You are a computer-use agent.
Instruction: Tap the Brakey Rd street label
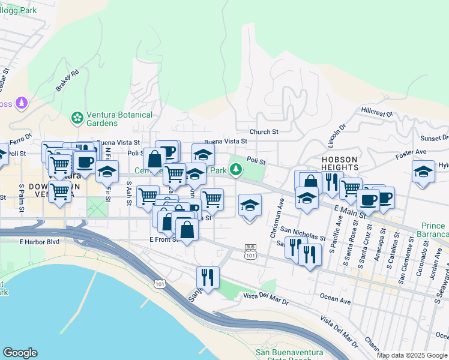pyautogui.click(x=67, y=81)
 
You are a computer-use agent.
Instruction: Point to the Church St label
pyautogui.click(x=264, y=131)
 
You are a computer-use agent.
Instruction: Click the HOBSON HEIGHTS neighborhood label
pyautogui.click(x=340, y=163)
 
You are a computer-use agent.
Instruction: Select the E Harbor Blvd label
pyautogui.click(x=39, y=242)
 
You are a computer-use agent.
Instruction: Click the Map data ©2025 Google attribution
pyautogui.click(x=412, y=355)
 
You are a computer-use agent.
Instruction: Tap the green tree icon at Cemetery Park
pyautogui.click(x=237, y=170)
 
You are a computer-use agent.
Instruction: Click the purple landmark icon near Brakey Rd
pyautogui.click(x=22, y=103)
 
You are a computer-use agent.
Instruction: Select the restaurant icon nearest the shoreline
pyautogui.click(x=208, y=277)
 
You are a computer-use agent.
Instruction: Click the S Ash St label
pyautogui.click(x=129, y=195)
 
